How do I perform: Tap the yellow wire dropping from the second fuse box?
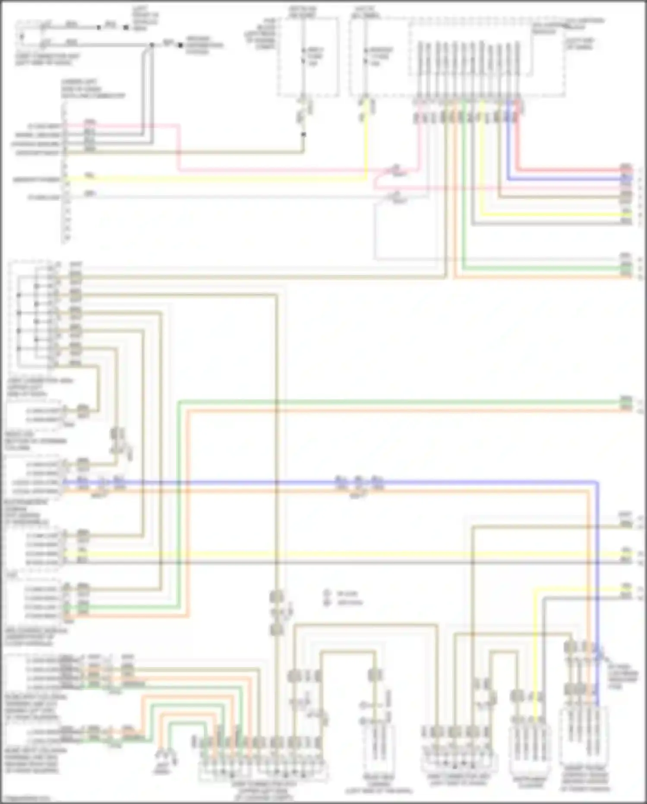pos(366,143)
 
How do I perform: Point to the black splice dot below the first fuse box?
pos(303,134)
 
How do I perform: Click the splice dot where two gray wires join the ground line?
pos(151,45)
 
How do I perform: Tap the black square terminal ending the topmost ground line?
pos(126,27)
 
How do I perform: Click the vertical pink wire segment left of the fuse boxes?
pos(178,147)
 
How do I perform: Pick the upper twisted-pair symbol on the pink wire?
pos(396,169)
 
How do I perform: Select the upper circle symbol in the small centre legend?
pos(327,594)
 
